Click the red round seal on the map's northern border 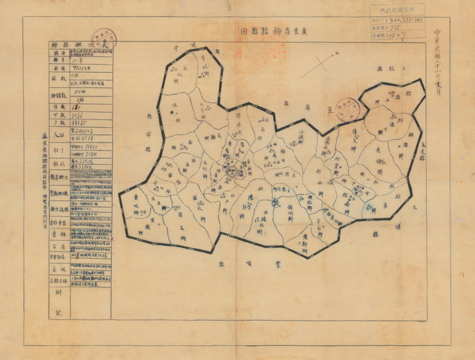pos(346,108)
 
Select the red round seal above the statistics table pos(103,38)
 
